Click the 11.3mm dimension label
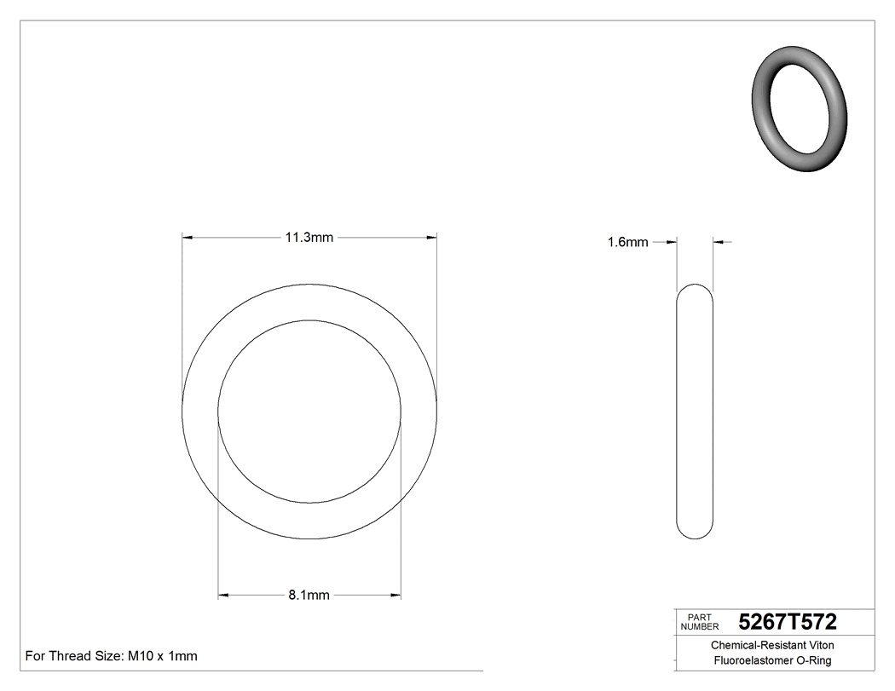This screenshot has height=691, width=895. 309,238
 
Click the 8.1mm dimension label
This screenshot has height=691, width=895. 309,595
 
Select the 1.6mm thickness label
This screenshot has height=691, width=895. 627,243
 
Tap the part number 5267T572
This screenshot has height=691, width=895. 788,622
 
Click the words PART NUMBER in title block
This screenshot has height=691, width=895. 700,622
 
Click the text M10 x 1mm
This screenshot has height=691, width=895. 163,656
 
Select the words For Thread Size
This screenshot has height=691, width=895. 74,656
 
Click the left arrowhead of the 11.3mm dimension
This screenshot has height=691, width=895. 188,238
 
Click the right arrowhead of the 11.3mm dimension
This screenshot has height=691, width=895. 431,238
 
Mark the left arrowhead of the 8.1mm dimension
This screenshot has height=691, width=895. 223,595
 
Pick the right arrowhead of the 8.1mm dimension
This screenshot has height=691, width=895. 396,595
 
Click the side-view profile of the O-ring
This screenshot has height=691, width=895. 695,412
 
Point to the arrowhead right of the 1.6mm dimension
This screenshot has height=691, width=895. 719,243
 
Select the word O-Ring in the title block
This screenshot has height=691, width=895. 814,660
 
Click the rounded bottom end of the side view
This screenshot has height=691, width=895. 695,535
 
